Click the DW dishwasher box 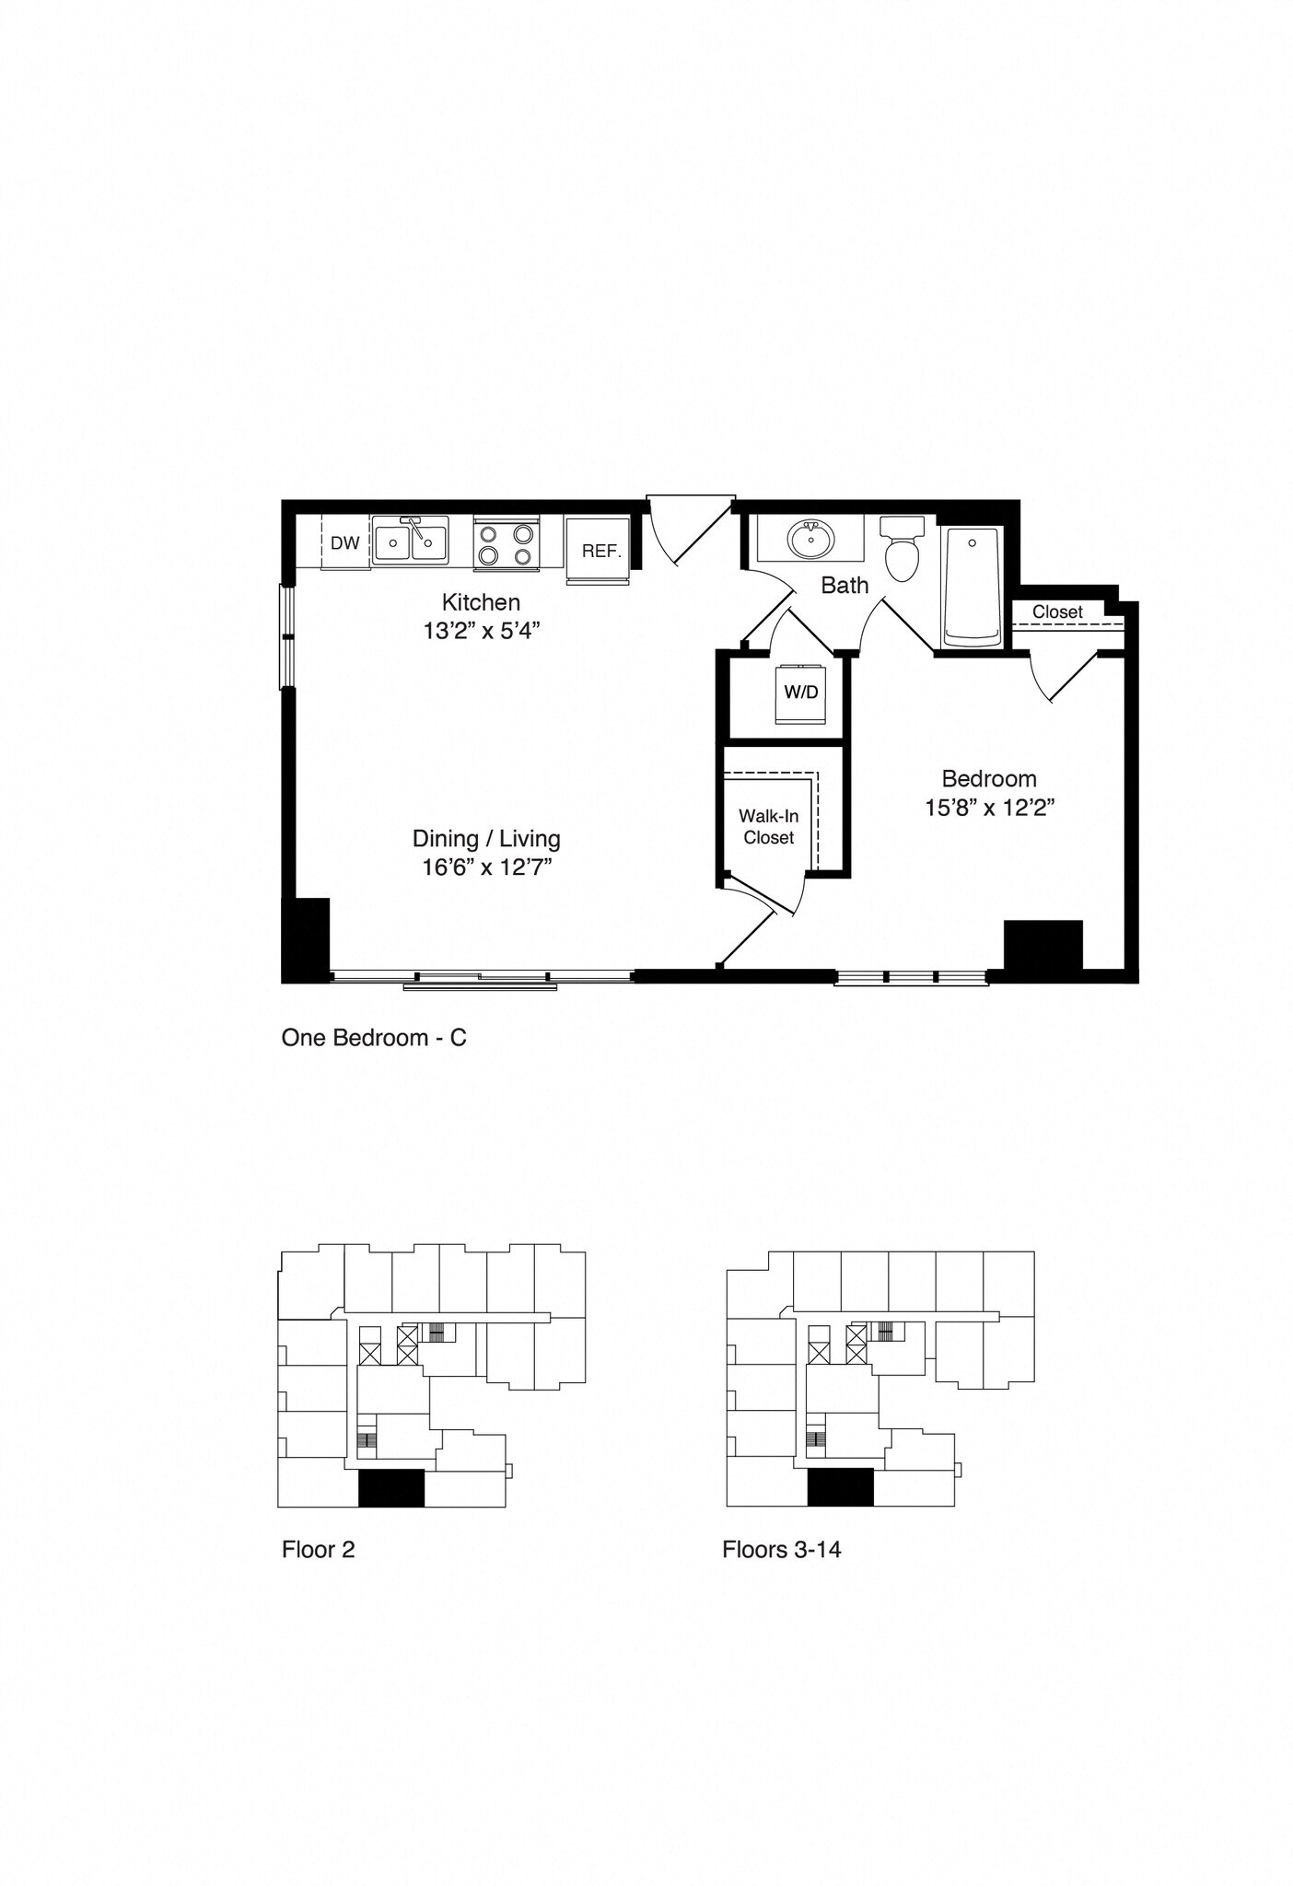tap(345, 543)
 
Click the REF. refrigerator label tap(601, 552)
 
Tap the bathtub tap(972, 586)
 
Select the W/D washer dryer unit tap(801, 693)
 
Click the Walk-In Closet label tap(768, 827)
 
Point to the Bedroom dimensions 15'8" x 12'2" tap(989, 808)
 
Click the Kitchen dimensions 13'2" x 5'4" tap(481, 631)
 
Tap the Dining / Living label tap(486, 838)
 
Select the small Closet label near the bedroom tap(1056, 611)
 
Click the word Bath tap(845, 585)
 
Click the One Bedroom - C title tap(374, 1038)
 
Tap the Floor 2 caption tap(318, 1550)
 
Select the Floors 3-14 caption tap(781, 1550)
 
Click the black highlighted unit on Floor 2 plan tap(390, 1488)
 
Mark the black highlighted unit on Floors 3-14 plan tap(840, 1487)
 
